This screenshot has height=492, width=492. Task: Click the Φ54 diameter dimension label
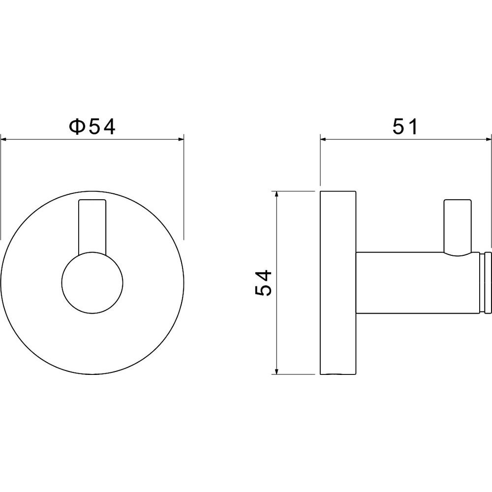pos(92,126)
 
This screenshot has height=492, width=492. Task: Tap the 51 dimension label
pos(405,126)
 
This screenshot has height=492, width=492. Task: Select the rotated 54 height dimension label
pos(263,282)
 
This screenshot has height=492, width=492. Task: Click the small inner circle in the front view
pos(92,283)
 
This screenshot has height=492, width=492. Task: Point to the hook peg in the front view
pos(92,226)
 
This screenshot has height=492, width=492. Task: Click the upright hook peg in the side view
pos(458,226)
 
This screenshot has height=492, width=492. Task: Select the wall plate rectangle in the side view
pos(338,282)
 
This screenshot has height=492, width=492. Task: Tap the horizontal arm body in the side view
pos(418,282)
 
